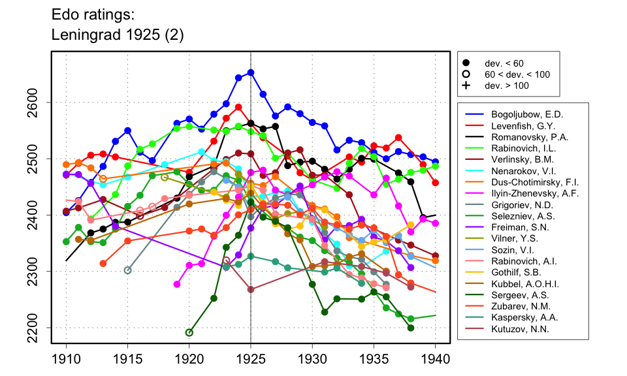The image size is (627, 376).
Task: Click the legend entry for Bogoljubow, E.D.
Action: coord(522,114)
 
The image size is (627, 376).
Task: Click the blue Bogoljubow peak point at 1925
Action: coord(251,72)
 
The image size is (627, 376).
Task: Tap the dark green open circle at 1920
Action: coord(189,333)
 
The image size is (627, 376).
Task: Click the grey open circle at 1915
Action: coord(128,270)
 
